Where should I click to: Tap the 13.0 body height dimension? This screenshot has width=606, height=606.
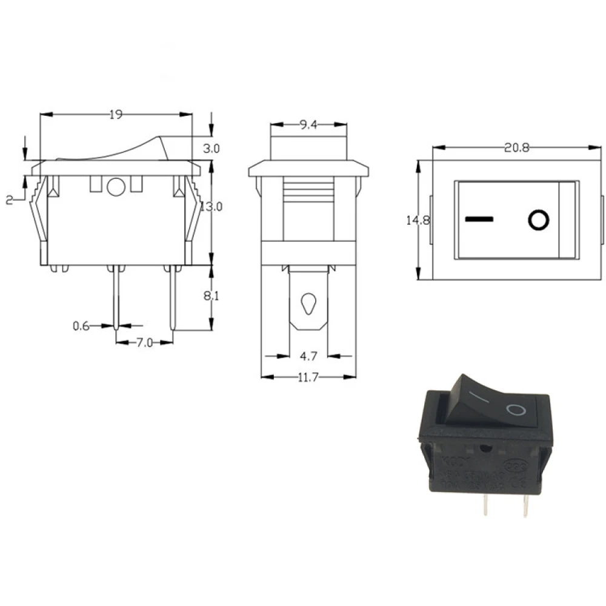[x=211, y=206]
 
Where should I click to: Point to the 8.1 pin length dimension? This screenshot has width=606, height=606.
[x=211, y=297]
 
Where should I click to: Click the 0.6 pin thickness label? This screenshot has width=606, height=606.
[x=81, y=326]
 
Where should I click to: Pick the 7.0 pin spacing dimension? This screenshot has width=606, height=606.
[x=144, y=343]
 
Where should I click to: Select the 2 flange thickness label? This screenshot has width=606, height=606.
[x=9, y=201]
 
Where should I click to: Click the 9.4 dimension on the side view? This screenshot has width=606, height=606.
[x=308, y=125]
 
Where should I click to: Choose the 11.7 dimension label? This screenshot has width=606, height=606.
[x=308, y=378]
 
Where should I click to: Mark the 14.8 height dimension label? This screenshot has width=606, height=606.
[x=418, y=221]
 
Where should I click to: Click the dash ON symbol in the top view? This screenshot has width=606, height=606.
[x=480, y=218]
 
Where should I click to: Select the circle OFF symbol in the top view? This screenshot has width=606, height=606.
[x=538, y=219]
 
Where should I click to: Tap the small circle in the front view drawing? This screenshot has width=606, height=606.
[x=115, y=187]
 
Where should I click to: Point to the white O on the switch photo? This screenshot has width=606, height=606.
[x=515, y=411]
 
